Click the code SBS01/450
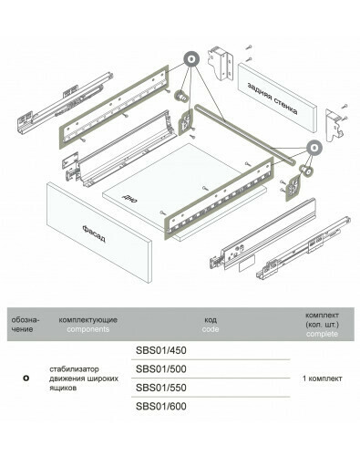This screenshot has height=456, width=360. pyautogui.click(x=161, y=350)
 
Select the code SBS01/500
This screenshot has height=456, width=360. pyautogui.click(x=161, y=369)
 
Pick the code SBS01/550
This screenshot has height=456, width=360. pyautogui.click(x=161, y=388)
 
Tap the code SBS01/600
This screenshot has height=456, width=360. pyautogui.click(x=161, y=406)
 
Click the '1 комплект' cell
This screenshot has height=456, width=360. pyautogui.click(x=322, y=378)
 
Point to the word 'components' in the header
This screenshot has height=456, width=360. pyautogui.click(x=88, y=329)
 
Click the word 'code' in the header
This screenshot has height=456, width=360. pyautogui.click(x=211, y=329)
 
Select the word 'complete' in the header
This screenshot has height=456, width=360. pyautogui.click(x=322, y=334)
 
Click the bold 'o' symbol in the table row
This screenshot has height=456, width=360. pyautogui.click(x=26, y=378)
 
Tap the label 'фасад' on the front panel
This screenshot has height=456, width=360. pyautogui.click(x=94, y=233)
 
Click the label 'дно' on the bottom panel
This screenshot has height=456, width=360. pyautogui.click(x=129, y=199)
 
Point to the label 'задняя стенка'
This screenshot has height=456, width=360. pyautogui.click(x=273, y=98)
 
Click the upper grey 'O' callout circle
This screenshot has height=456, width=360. pyautogui.click(x=191, y=59)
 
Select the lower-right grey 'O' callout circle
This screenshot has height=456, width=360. pyautogui.click(x=314, y=148)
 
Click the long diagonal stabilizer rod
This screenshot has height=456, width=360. pyautogui.click(x=244, y=135)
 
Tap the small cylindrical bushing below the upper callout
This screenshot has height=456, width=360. pyautogui.click(x=181, y=96)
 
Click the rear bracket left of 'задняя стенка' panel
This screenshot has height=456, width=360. pyautogui.click(x=221, y=63)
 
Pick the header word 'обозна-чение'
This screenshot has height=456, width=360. pyautogui.click(x=26, y=325)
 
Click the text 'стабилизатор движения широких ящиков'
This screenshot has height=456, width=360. pyautogui.click(x=84, y=378)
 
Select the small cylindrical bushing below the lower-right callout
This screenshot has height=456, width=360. pyautogui.click(x=305, y=171)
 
